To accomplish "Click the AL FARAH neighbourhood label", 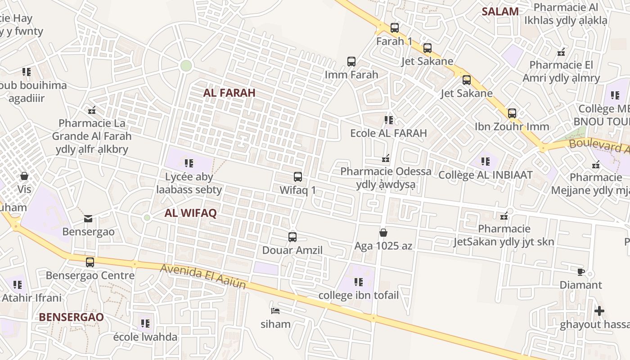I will coord(229,93).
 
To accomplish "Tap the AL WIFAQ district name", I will coord(190,213).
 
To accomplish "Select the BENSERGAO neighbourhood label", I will coord(71,317).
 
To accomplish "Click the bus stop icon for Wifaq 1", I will coord(297,177).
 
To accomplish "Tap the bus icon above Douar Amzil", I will coord(292,237).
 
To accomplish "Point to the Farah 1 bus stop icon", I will coord(395,28).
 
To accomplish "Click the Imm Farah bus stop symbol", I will coord(351,61).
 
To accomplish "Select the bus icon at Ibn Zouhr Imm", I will coord(512,113).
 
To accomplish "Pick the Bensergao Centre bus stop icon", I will coord(90,262).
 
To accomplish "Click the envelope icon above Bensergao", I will coord(88,219).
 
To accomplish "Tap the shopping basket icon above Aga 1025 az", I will coord(383,233).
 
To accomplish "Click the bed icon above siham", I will coord(275,310).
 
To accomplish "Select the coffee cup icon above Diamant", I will coord(581,272).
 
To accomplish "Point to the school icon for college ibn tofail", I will coord(359,282).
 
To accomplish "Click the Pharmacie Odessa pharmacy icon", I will coord(386,158).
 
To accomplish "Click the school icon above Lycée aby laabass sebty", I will coord(189,163).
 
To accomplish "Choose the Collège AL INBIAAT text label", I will coord(486,175).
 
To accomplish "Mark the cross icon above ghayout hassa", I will coord(599,311).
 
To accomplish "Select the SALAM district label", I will coord(500,11).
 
